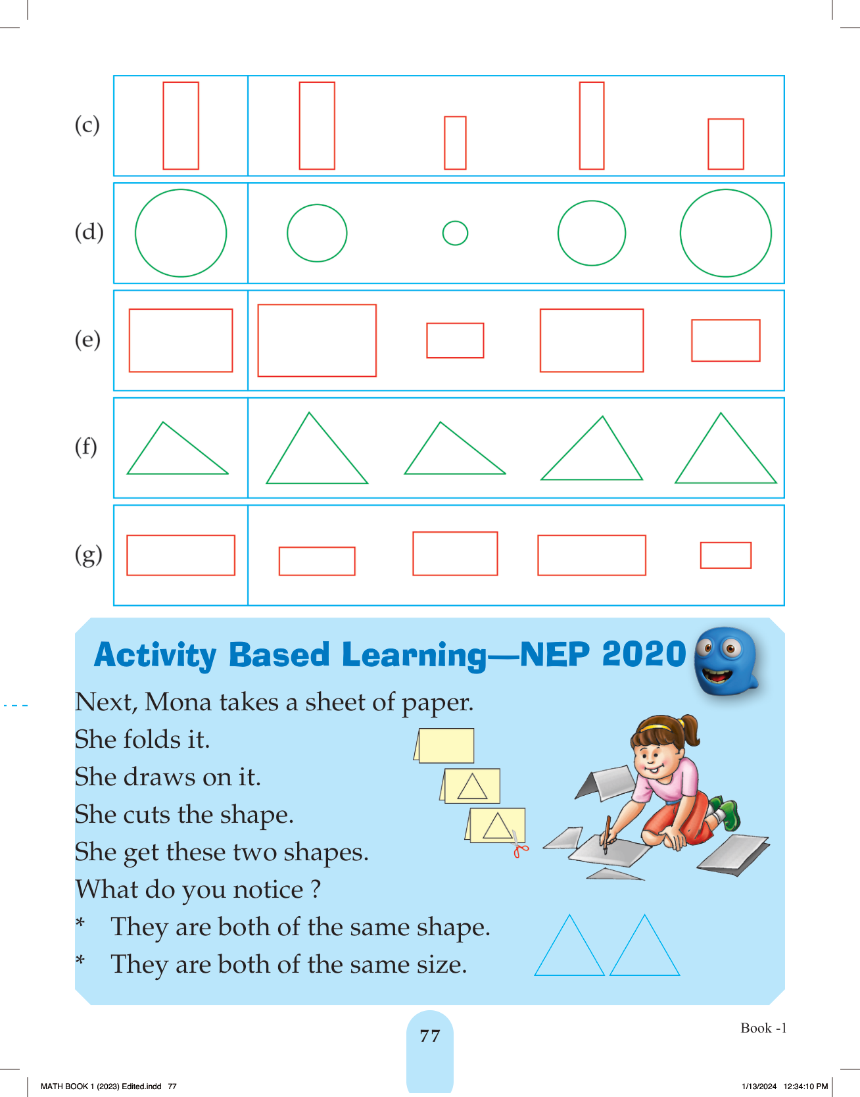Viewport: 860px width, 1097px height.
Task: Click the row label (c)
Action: pyautogui.click(x=87, y=124)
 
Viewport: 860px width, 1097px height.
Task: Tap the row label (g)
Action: pyautogui.click(x=88, y=555)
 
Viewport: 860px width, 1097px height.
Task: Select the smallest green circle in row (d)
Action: pyautogui.click(x=455, y=233)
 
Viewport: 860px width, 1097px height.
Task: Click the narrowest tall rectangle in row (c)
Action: pyautogui.click(x=592, y=126)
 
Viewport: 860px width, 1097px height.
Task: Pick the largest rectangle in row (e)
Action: pyautogui.click(x=317, y=340)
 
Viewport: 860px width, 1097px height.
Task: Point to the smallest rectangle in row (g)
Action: pyautogui.click(x=726, y=555)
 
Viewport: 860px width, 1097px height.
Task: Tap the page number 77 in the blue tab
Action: pyautogui.click(x=430, y=1036)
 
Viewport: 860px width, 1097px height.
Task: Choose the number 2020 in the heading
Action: pyautogui.click(x=644, y=654)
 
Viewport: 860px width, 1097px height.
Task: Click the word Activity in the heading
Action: pyautogui.click(x=155, y=656)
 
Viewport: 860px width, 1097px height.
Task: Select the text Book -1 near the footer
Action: pyautogui.click(x=763, y=1028)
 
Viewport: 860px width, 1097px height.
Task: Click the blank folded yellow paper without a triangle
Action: pyautogui.click(x=445, y=746)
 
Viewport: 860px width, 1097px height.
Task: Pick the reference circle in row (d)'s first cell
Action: pyautogui.click(x=181, y=233)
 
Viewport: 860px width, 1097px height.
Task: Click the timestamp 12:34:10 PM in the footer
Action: pyautogui.click(x=805, y=1086)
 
